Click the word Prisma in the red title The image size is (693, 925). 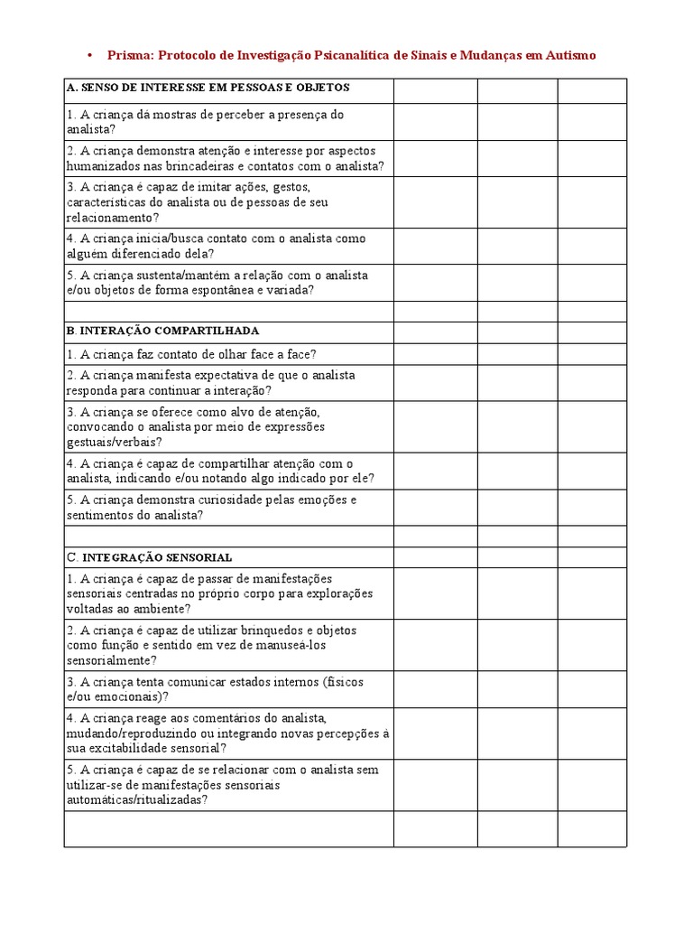point(129,56)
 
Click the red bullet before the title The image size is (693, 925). point(89,56)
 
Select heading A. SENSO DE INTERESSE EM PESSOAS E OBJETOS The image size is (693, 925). point(208,88)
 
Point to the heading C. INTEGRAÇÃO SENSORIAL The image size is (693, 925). point(149,557)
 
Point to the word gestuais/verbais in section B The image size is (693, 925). point(115,442)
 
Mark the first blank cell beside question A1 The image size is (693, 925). point(435,122)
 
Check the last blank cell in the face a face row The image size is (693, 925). point(591,355)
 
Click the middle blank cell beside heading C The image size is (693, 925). point(517,557)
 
